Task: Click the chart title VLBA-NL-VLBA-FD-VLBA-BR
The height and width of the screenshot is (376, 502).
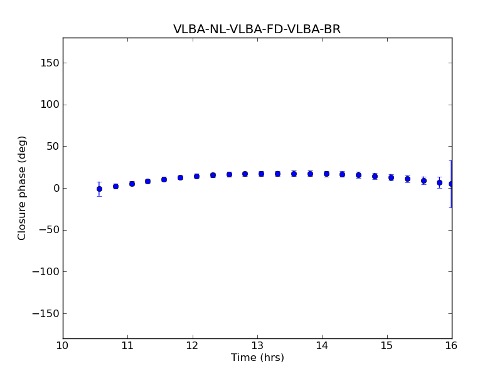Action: pyautogui.click(x=257, y=29)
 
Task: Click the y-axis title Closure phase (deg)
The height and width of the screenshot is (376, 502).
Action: pyautogui.click(x=23, y=188)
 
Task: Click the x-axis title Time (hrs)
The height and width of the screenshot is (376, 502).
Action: pyautogui.click(x=257, y=358)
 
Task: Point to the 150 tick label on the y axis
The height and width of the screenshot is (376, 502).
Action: pyautogui.click(x=49, y=63)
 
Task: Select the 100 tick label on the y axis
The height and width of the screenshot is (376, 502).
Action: pyautogui.click(x=49, y=105)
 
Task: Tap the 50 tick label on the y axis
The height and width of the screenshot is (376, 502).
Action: pyautogui.click(x=51, y=146)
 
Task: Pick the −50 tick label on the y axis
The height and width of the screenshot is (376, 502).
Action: pyautogui.click(x=48, y=230)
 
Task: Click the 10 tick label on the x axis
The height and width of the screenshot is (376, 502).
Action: pyautogui.click(x=63, y=345)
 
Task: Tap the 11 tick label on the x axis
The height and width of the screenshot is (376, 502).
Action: pyautogui.click(x=127, y=345)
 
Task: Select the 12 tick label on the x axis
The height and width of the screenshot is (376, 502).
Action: pyautogui.click(x=193, y=345)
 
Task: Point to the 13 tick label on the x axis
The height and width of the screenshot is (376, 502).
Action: pyautogui.click(x=257, y=345)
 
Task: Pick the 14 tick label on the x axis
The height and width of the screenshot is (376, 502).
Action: pyautogui.click(x=322, y=345)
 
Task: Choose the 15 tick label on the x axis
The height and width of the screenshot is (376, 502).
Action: pyautogui.click(x=387, y=345)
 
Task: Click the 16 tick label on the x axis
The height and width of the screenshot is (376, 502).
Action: pyautogui.click(x=452, y=345)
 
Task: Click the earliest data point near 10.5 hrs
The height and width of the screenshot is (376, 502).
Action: pyautogui.click(x=99, y=189)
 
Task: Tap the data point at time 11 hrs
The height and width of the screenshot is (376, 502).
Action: pyautogui.click(x=132, y=184)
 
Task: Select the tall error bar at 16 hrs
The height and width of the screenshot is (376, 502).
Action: pyautogui.click(x=451, y=184)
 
